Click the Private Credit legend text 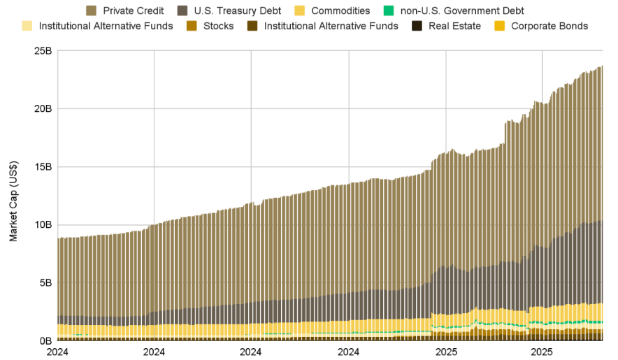pos(133,10)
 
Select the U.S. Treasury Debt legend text pos(239,10)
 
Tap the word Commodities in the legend pos(340,10)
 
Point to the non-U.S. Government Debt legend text pos(462,10)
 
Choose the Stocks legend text pos(218,26)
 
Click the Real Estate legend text pos(455,26)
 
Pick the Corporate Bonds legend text pos(549,26)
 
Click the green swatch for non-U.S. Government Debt pos(389,10)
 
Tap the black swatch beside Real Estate pos(417,26)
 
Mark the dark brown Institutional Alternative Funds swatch pos(252,26)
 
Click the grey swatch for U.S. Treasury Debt pos(182,10)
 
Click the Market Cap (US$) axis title pos(14,201)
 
